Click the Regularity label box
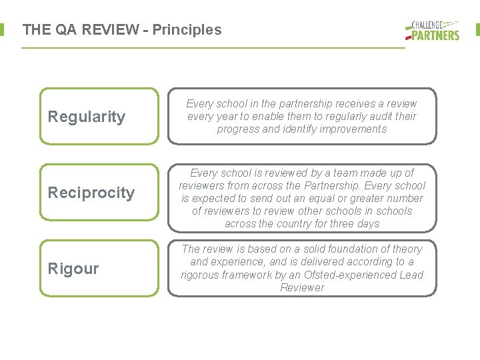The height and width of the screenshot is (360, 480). coord(99,117)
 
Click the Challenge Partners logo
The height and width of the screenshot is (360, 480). coord(432,30)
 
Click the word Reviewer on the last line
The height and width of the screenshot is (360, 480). coord(302,287)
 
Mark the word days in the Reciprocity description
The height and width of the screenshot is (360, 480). coord(367,224)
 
